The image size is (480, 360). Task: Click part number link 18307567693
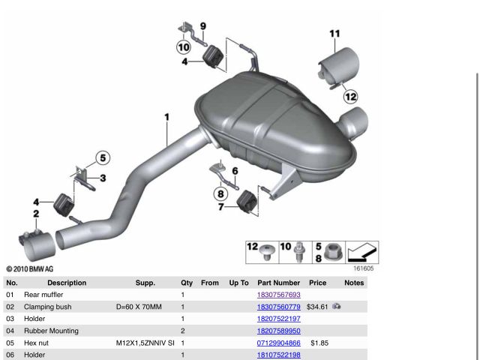click(x=278, y=295)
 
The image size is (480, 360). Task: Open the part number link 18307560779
click(x=278, y=307)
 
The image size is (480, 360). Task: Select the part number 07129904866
click(x=278, y=343)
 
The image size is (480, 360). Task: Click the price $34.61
click(x=317, y=307)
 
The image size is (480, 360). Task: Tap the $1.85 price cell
click(x=319, y=343)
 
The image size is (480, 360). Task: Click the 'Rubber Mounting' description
click(x=51, y=331)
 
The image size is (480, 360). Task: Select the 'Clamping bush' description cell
click(x=48, y=307)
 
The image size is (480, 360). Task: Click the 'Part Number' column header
click(x=278, y=283)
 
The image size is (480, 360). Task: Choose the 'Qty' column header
click(x=187, y=283)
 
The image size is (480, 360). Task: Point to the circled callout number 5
click(x=103, y=158)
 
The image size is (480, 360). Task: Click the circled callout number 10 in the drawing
click(x=184, y=47)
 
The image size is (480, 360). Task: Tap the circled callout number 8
click(x=220, y=193)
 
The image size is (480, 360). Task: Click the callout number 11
click(x=334, y=33)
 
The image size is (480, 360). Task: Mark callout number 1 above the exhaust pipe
click(x=166, y=117)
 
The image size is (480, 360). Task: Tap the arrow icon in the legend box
click(x=362, y=252)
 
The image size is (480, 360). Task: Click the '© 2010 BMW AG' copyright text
click(x=30, y=269)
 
